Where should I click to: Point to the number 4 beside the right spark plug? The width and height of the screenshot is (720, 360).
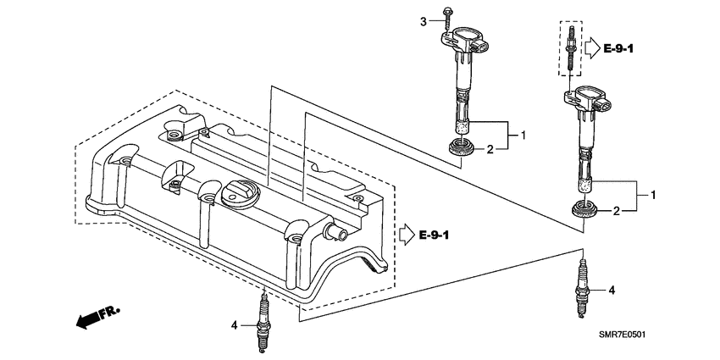click(612, 291)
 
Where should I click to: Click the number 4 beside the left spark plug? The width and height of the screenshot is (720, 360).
click(235, 324)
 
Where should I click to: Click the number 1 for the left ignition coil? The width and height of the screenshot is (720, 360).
click(523, 135)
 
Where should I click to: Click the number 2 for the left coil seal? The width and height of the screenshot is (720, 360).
click(490, 150)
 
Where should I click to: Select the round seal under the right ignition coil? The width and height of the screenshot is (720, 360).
click(584, 210)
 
